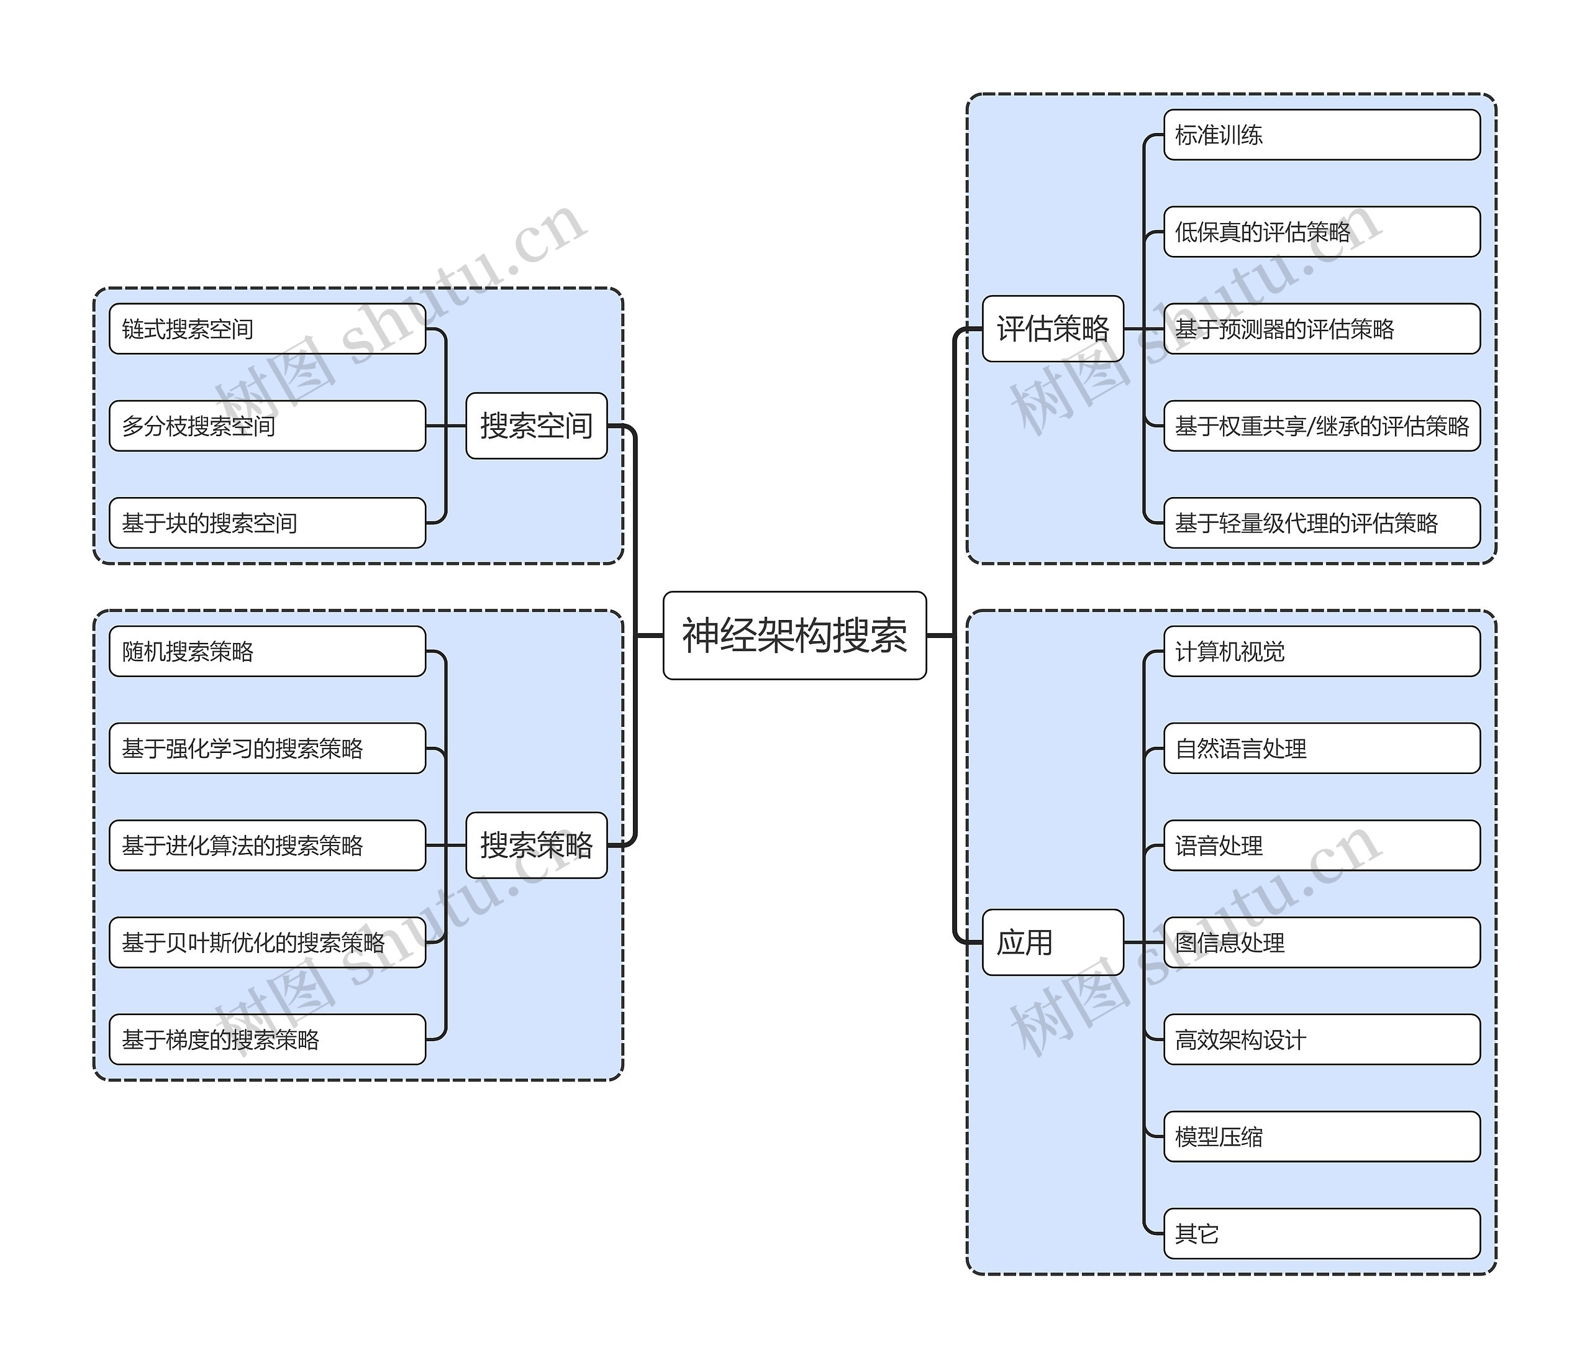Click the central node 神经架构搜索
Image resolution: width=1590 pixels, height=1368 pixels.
pos(794,635)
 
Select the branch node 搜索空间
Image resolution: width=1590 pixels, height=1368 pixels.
pos(537,426)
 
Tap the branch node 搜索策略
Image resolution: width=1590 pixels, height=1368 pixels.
pos(537,844)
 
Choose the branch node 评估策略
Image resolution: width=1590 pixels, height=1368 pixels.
pos(1053,328)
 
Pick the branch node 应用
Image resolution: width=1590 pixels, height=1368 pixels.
pos(1053,942)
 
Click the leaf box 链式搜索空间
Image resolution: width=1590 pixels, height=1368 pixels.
pos(267,329)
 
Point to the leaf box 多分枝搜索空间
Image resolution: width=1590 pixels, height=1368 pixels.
pos(267,426)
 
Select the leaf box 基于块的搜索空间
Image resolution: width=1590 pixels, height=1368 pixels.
pos(267,523)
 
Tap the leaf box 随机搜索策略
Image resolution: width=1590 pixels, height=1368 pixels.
pos(267,651)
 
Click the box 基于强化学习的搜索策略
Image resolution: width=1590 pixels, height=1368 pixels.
pos(267,748)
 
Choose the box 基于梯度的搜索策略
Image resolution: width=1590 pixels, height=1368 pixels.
pos(267,1039)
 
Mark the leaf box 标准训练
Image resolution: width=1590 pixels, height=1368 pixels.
pos(1322,134)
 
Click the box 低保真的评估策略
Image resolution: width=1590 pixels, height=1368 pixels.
pos(1322,231)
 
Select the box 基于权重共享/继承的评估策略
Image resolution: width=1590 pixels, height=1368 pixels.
pos(1322,426)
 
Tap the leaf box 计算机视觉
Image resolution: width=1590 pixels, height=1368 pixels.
pos(1322,651)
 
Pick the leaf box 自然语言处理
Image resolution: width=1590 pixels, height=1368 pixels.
pos(1322,748)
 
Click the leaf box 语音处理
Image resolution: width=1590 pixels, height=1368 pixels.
pos(1322,844)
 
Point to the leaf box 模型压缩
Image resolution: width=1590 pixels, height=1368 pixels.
pos(1322,1136)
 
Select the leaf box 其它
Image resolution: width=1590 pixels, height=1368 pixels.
pos(1322,1233)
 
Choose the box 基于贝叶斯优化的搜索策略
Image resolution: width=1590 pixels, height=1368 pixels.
pos(267,942)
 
